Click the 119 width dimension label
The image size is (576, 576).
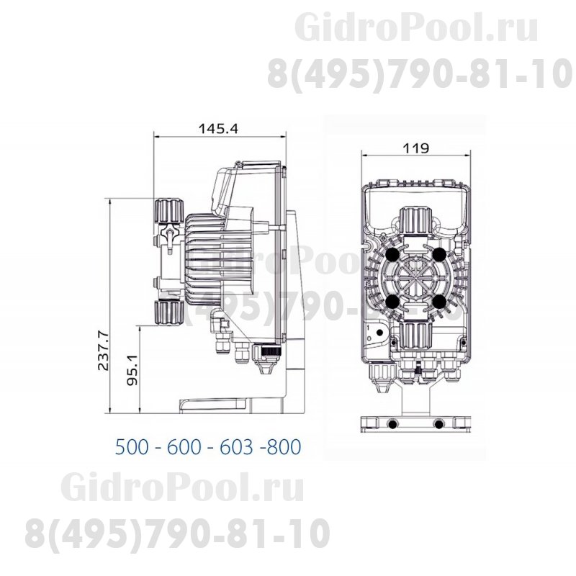pos(416,148)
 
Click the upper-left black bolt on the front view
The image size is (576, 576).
pos(392,254)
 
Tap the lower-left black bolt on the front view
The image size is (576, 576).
pos(392,302)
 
